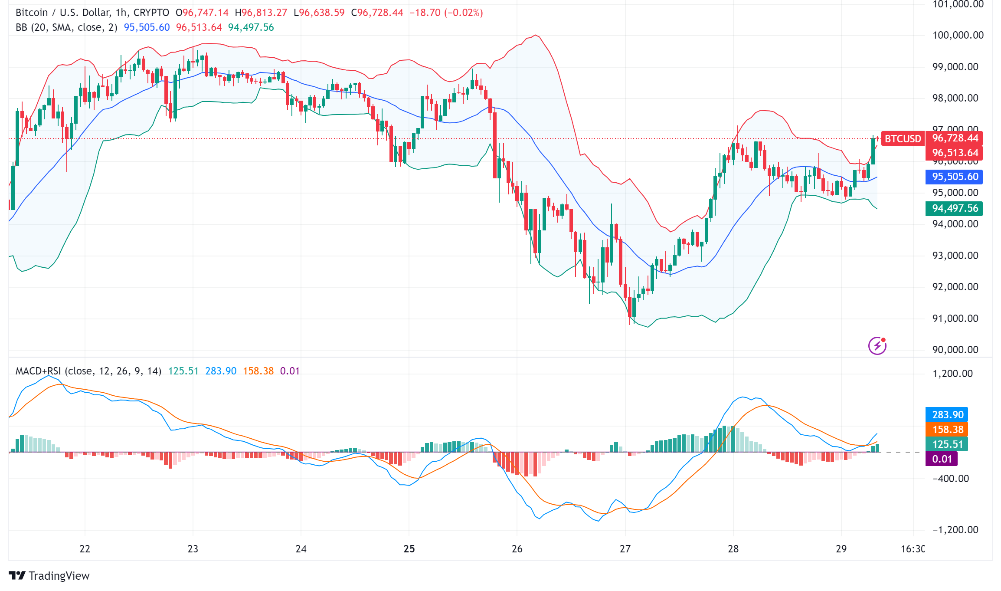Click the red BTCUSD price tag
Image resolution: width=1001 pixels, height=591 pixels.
903,139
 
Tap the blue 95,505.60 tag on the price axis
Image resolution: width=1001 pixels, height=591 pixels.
955,177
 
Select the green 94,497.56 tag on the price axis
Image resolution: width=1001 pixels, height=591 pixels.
955,208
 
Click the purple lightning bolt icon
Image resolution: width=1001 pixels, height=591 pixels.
877,346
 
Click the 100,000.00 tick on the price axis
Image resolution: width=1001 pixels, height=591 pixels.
958,35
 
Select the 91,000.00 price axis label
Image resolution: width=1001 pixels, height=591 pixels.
955,318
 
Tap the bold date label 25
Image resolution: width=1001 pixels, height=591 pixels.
409,549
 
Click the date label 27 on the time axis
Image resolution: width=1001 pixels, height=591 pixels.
625,549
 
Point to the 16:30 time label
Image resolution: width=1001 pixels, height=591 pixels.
913,549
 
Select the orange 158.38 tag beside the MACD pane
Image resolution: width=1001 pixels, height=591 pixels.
948,430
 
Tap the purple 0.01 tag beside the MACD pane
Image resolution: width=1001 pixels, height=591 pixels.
942,459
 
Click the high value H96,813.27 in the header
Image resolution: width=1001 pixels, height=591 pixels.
261,13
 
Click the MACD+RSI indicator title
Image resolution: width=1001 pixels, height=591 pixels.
88,371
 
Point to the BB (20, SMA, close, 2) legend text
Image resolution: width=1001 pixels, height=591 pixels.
66,27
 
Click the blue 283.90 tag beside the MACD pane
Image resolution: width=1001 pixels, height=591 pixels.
948,415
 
